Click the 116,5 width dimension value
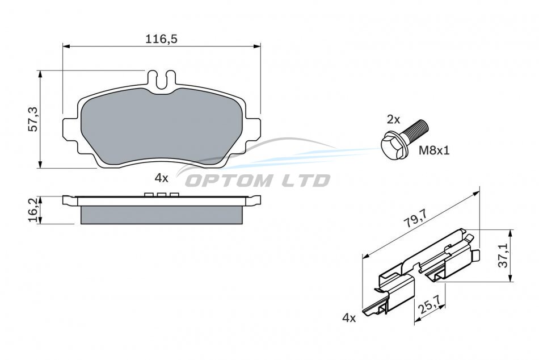click(161, 39)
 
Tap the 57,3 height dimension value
click(34, 119)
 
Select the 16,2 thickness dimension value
click(35, 211)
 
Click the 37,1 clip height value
click(504, 256)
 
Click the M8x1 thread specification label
click(434, 150)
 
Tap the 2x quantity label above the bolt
click(394, 120)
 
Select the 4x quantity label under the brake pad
click(161, 178)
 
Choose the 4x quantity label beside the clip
click(349, 318)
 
